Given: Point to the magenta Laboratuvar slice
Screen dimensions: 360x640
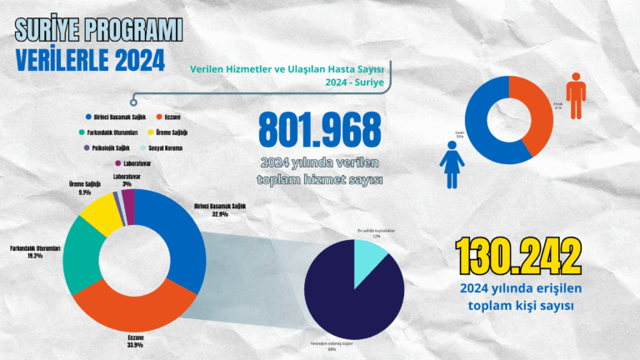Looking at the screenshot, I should click(x=127, y=196).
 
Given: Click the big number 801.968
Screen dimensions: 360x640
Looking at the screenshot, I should click(x=320, y=132).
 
